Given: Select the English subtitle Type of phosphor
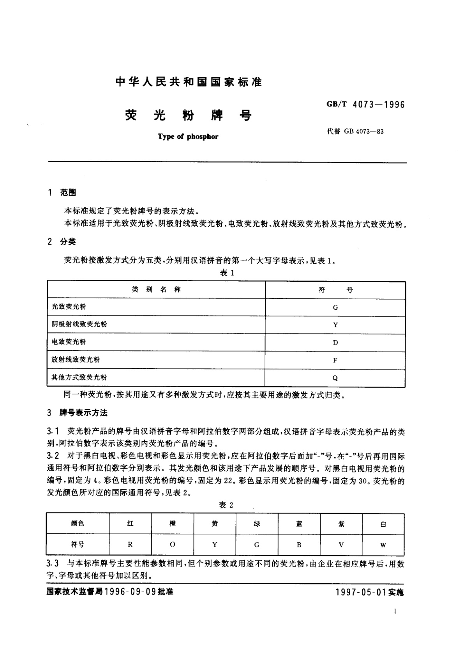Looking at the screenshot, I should [x=188, y=137].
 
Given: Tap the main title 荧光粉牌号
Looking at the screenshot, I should [x=188, y=115].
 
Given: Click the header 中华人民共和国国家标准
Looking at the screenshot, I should [x=189, y=82].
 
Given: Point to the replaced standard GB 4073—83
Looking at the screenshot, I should [x=355, y=131].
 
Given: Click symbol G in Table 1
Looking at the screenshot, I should [x=335, y=307].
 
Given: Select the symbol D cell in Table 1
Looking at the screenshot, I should [x=335, y=343].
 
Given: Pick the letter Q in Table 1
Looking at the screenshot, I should [x=335, y=378].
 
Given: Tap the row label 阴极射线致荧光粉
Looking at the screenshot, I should [x=79, y=324].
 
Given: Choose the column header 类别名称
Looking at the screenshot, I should [x=156, y=290].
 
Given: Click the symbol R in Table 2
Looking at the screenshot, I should [x=131, y=545].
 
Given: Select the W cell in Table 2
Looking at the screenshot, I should [x=383, y=545].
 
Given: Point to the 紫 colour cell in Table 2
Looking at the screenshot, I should [x=341, y=524].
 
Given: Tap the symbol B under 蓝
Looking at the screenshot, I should [x=299, y=545].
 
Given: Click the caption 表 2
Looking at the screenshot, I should [x=226, y=505].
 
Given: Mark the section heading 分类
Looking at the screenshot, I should [x=68, y=242].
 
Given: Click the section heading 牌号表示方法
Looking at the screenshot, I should [x=83, y=413].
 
